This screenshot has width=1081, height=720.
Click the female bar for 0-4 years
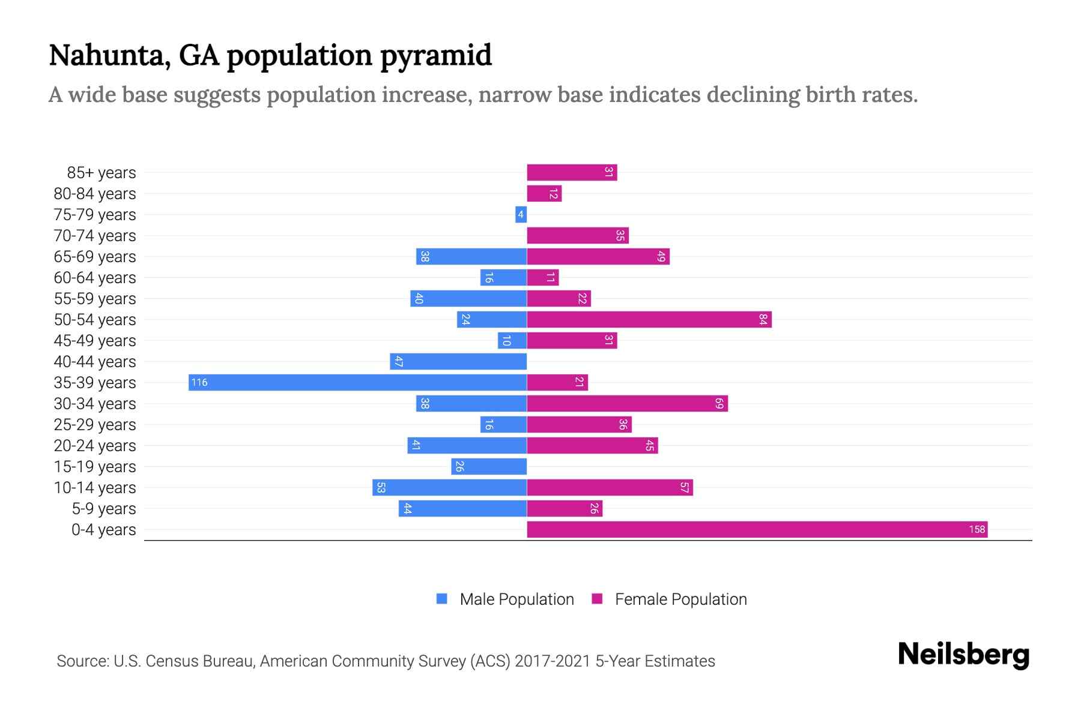coord(757,529)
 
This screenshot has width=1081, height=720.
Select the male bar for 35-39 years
coord(357,382)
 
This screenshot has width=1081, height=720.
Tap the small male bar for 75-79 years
coord(521,214)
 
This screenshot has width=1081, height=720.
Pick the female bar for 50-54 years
coord(649,319)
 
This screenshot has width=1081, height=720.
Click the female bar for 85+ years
coord(572,172)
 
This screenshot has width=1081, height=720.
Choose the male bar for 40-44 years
coord(458,361)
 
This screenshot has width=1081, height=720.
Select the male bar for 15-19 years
coord(489,466)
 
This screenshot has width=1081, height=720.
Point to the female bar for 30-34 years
coord(627,403)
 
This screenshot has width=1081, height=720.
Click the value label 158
coord(977,529)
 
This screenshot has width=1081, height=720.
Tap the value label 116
coord(199,382)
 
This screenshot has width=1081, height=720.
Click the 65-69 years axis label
coord(95,257)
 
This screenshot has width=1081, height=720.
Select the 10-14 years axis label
coord(95,488)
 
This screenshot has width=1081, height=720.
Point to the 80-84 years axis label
coord(95,194)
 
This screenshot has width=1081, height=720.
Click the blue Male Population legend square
coord(442,599)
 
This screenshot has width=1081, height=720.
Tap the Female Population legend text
coord(680,599)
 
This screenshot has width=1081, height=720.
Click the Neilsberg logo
coord(963,655)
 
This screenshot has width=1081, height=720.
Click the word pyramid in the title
coord(435,56)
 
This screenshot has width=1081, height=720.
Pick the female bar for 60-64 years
coord(543,277)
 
